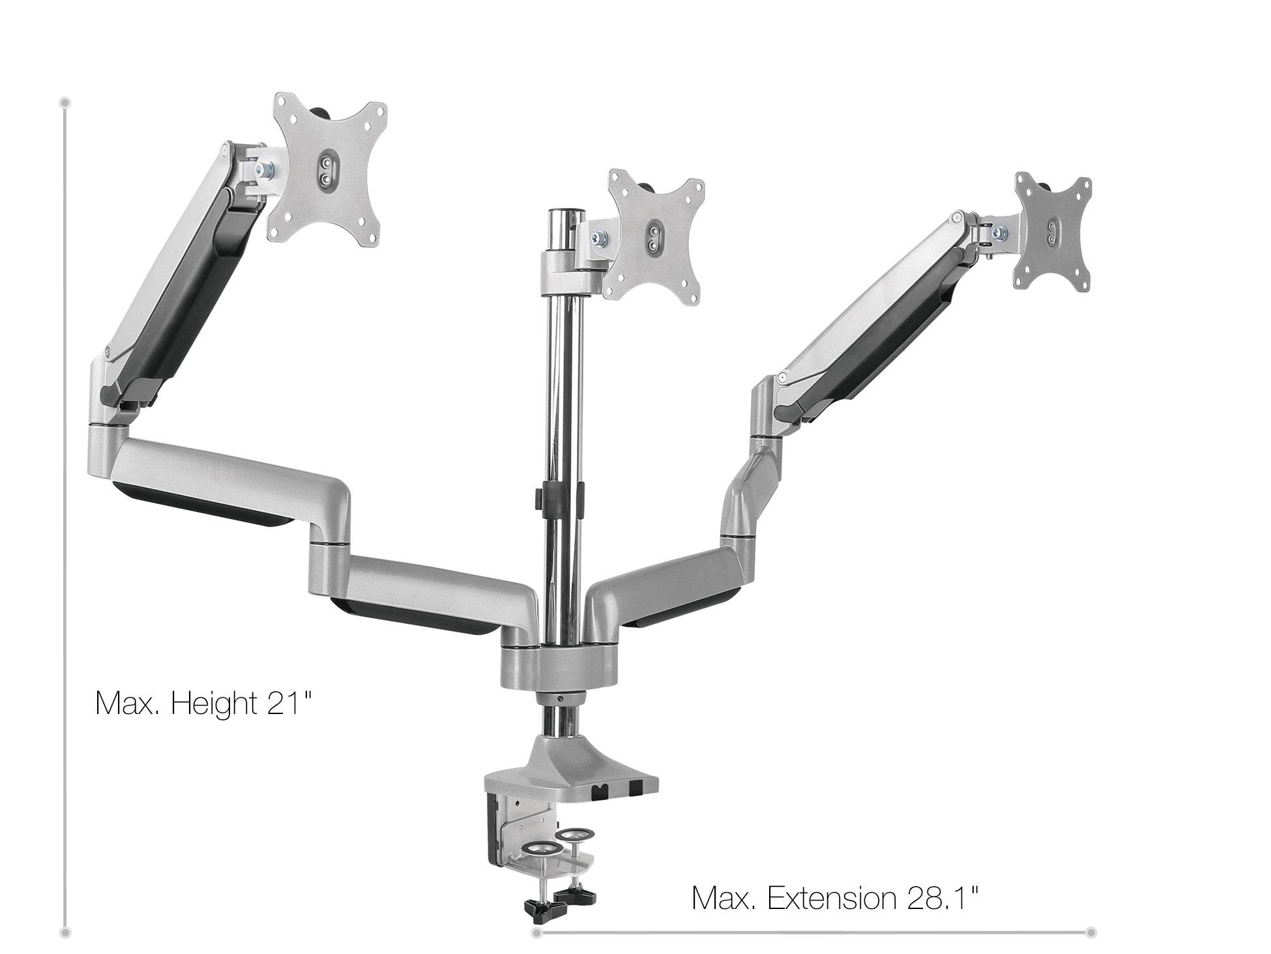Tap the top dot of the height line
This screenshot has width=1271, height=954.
point(65,102)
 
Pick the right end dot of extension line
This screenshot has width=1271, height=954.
point(1091,932)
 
